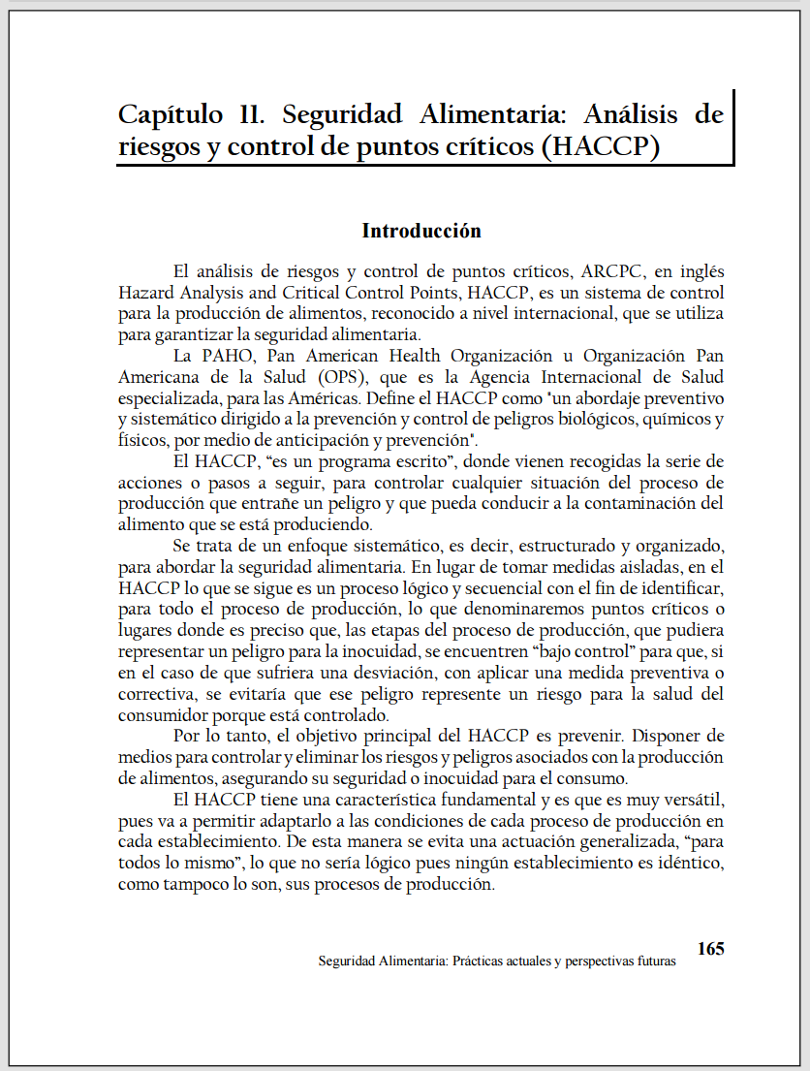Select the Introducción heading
pos(421,231)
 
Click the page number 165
pos(710,949)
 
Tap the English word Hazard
pos(144,293)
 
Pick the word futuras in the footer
pos(651,962)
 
